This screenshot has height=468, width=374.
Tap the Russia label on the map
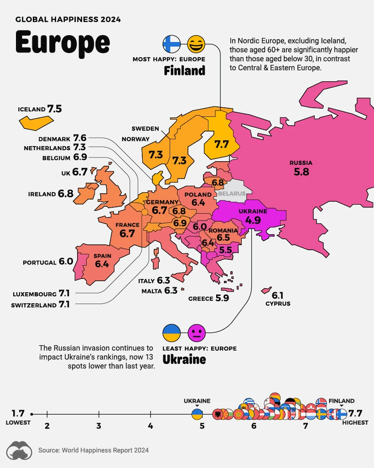click(301, 168)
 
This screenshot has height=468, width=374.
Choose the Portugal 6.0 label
click(48, 262)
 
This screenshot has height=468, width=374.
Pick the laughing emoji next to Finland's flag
click(196, 44)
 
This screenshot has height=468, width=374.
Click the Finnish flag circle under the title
click(171, 44)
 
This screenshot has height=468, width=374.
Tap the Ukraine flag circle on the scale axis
click(197, 414)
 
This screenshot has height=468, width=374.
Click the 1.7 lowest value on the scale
click(18, 414)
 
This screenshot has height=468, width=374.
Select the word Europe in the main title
click(62, 42)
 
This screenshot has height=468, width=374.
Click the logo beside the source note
click(19, 450)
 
